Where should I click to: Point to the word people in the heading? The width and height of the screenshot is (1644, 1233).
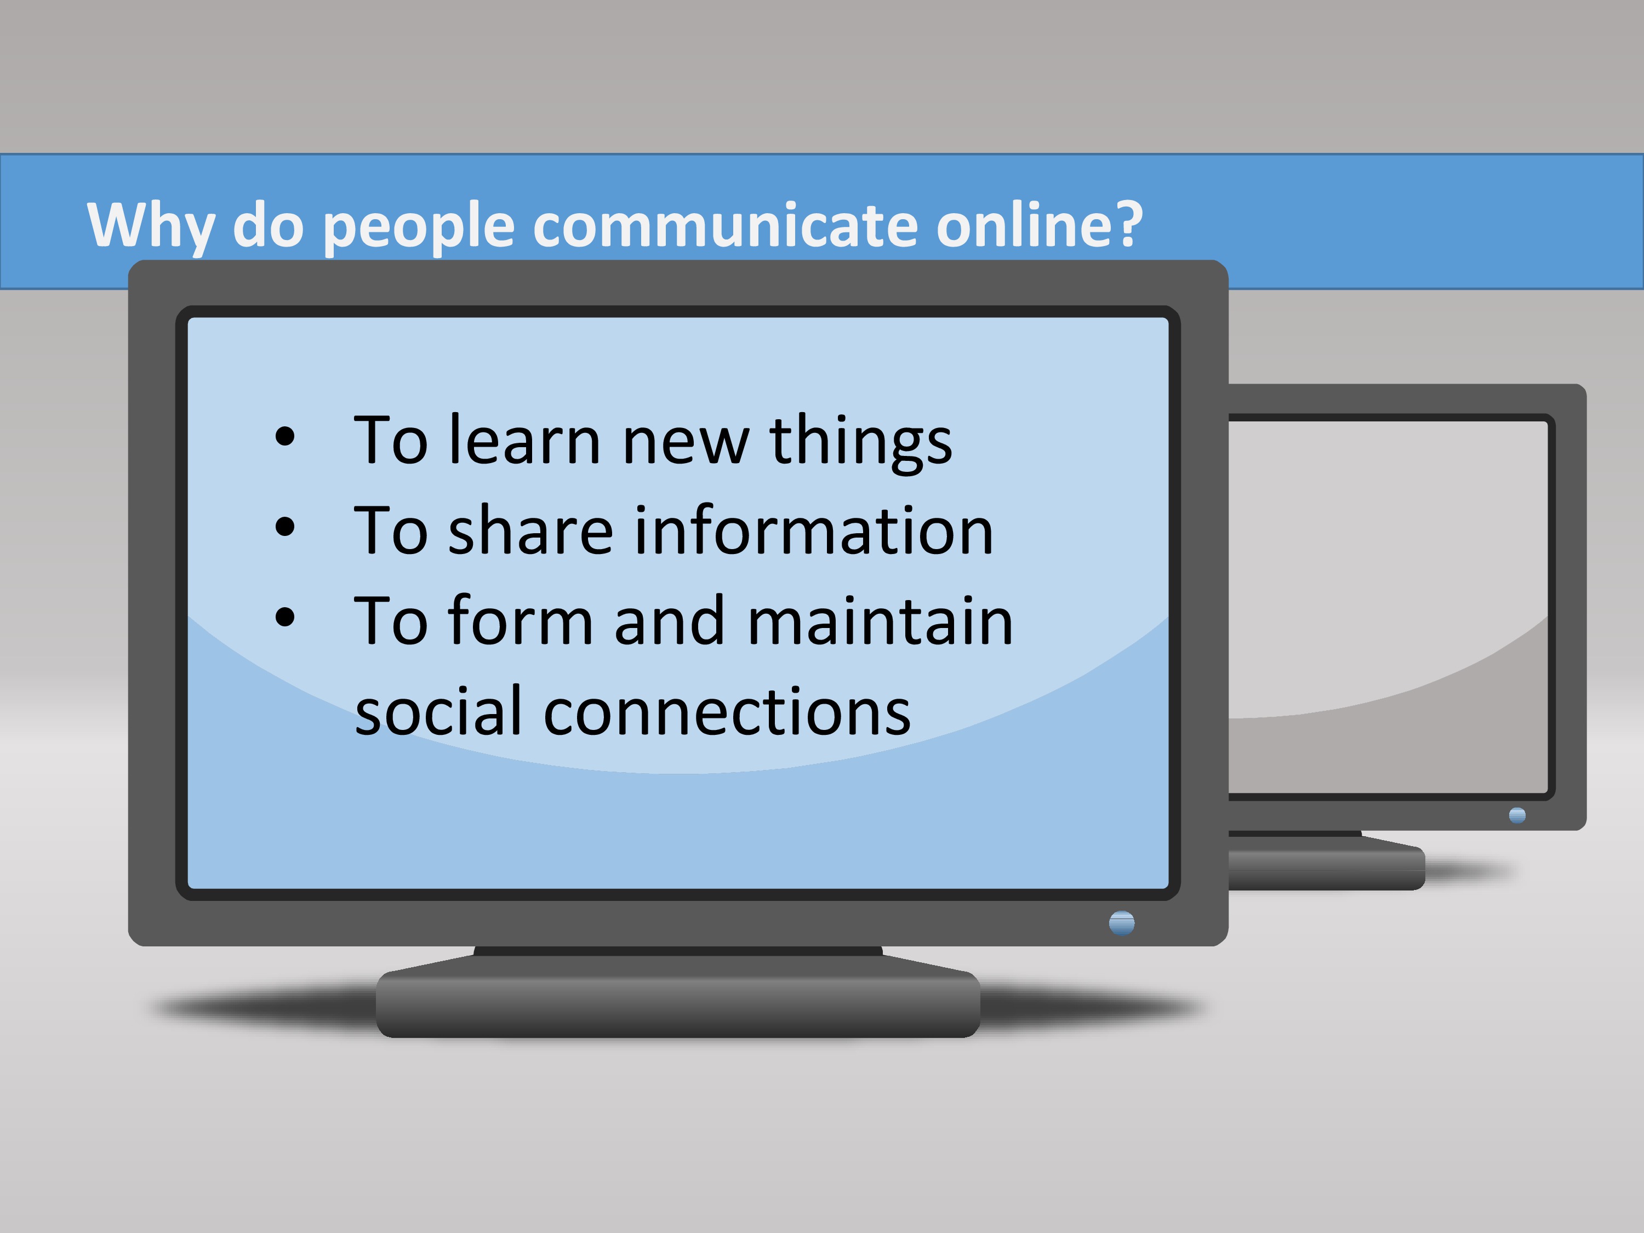(x=419, y=227)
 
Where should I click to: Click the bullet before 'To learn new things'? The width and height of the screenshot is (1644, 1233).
(x=284, y=437)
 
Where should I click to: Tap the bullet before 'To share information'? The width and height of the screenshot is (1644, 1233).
(x=284, y=528)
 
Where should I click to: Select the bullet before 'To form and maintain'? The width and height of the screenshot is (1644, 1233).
(x=284, y=618)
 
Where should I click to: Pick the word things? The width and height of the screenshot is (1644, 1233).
(x=861, y=443)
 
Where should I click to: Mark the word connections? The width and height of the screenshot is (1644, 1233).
(x=727, y=711)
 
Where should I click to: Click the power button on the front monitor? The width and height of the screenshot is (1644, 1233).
(x=1122, y=923)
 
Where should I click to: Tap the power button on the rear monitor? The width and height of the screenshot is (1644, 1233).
(x=1517, y=815)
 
